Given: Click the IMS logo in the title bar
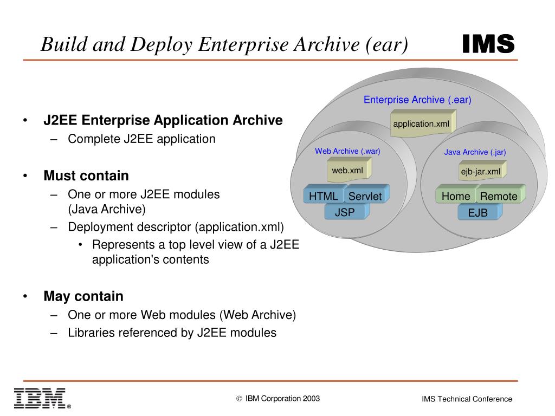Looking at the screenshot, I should coord(488,44).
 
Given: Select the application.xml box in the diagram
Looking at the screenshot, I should coord(422,124).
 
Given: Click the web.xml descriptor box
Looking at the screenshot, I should coord(348,171).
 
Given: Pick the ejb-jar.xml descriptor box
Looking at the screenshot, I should coord(481,172).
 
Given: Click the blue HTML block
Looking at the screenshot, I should coord(324,196).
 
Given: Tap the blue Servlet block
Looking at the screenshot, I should coord(365,196).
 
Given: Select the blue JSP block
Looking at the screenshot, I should coord(345,212).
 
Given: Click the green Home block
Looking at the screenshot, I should coord(456,196).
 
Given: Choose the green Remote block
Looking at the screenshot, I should coord(499,196).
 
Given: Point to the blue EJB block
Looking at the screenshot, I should coord(477,213).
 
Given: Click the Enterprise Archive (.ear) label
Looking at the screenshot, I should coord(417,100).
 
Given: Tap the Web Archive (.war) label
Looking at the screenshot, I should coord(347,151).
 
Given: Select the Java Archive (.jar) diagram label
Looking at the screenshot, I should coord(475,152).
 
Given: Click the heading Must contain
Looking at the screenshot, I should coord(86,175).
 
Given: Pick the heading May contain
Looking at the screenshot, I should coord(83,296).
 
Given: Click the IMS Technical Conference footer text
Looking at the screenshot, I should coord(467,399).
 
